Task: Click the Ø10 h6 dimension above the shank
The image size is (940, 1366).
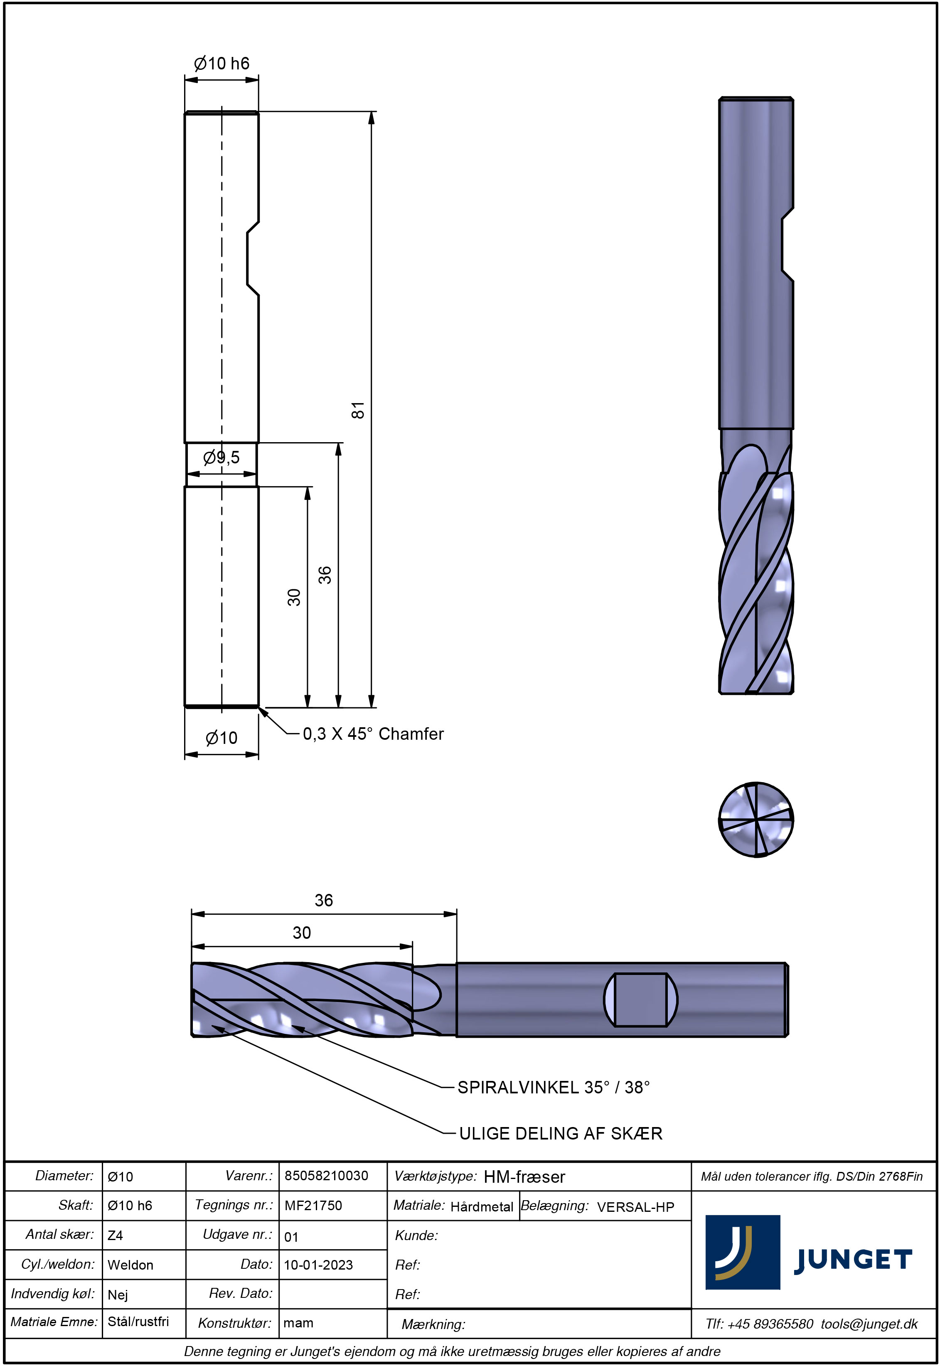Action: [221, 64]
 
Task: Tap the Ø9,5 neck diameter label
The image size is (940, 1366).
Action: [221, 457]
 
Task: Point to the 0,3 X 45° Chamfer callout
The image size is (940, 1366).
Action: [373, 734]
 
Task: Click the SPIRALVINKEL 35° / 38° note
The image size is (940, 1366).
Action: [553, 1088]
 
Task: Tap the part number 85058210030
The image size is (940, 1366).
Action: [326, 1176]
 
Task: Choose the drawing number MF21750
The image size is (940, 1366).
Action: [313, 1205]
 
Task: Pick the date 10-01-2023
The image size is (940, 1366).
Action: [319, 1265]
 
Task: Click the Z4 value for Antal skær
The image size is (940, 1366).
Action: [116, 1235]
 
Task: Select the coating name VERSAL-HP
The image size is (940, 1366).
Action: [635, 1207]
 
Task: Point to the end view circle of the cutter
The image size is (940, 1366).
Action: [756, 820]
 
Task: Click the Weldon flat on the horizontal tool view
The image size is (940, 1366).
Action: [641, 999]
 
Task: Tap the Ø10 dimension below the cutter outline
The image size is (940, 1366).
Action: [221, 738]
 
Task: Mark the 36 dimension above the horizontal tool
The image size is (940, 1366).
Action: [324, 900]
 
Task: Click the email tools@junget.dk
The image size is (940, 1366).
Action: [869, 1324]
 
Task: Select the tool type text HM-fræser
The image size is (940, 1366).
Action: [524, 1177]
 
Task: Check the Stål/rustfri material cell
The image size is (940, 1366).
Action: [138, 1322]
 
